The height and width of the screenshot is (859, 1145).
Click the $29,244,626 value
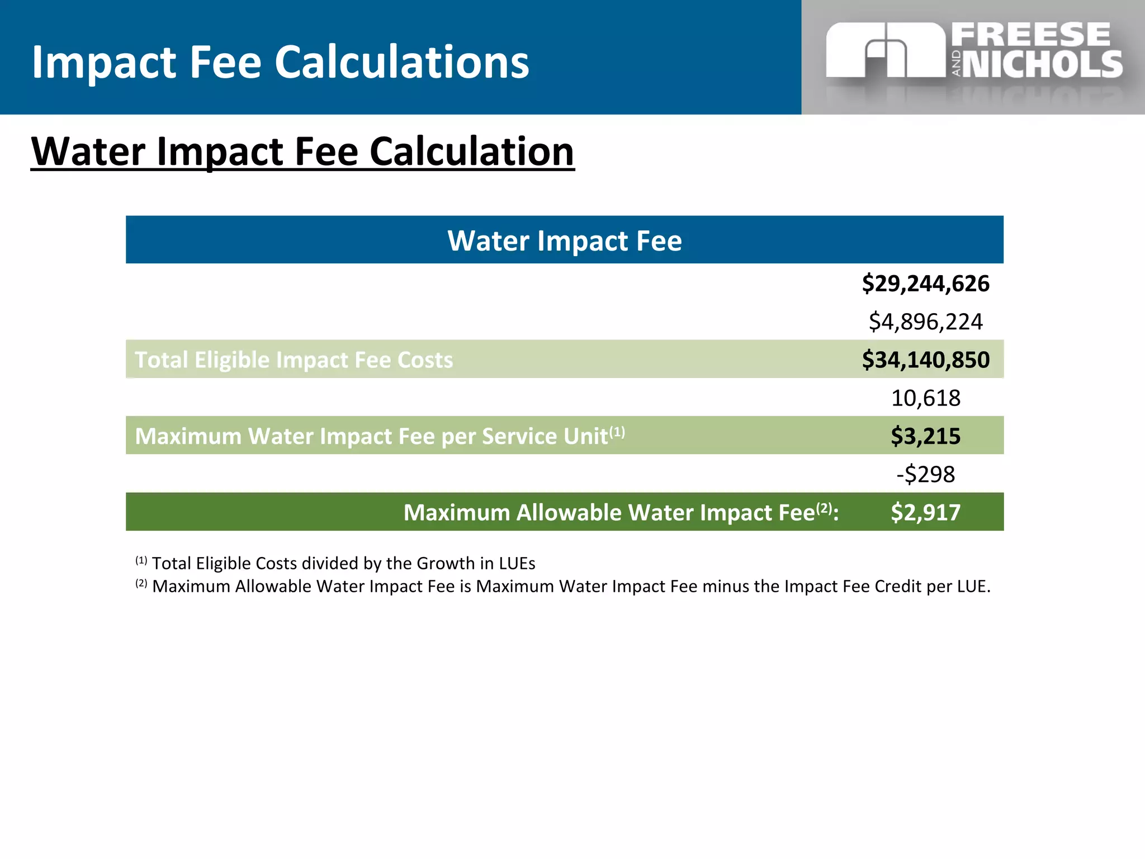[x=925, y=284]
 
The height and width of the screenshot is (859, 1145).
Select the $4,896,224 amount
[x=925, y=322]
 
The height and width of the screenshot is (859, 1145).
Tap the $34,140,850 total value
[x=925, y=360]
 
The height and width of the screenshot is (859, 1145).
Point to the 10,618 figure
[x=925, y=398]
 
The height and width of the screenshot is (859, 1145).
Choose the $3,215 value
[x=925, y=436]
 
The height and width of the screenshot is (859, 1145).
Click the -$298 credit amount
[x=925, y=474]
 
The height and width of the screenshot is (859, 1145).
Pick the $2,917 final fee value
[x=925, y=512]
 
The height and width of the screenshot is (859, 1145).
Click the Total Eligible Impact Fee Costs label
[x=294, y=360]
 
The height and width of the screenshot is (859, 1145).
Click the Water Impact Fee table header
[x=565, y=240]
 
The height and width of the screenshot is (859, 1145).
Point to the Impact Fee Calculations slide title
[x=280, y=62]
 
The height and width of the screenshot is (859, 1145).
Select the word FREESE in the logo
[x=1030, y=35]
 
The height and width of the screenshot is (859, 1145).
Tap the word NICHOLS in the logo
[x=1043, y=64]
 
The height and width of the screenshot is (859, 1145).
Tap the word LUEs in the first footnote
[x=517, y=563]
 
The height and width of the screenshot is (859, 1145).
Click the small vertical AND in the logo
[x=956, y=63]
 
